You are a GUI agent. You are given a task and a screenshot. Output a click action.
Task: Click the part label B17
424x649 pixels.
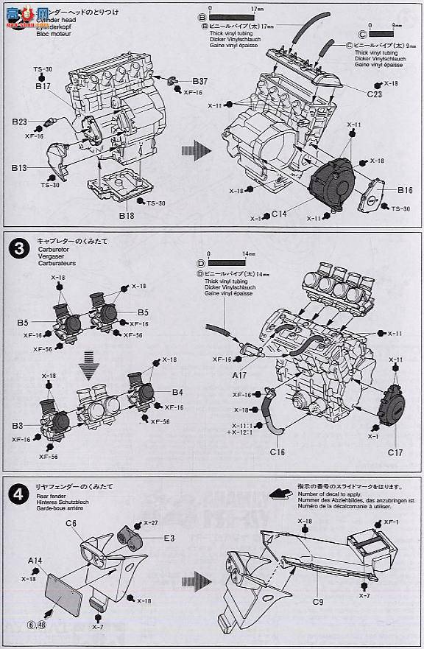(x=41, y=86)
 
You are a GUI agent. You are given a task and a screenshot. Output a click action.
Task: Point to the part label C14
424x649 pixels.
(x=278, y=214)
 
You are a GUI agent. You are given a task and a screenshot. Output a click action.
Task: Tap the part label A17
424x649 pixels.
(x=240, y=374)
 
